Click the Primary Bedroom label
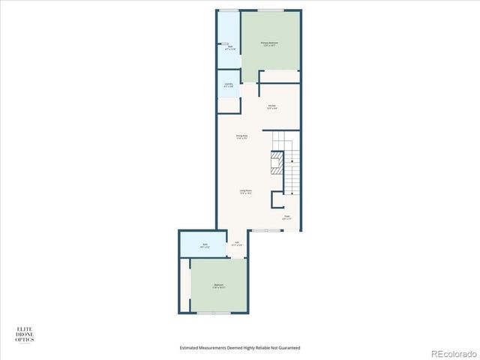click(x=269, y=44)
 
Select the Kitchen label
click(x=272, y=106)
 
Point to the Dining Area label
click(x=241, y=137)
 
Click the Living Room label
click(x=245, y=191)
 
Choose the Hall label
click(x=236, y=244)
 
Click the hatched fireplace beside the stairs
click(x=276, y=163)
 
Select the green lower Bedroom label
click(x=218, y=286)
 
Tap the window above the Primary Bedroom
click(x=270, y=10)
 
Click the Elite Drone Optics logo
click(x=25, y=334)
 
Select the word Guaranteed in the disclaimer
click(x=287, y=348)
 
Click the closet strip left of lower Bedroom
click(x=184, y=285)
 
